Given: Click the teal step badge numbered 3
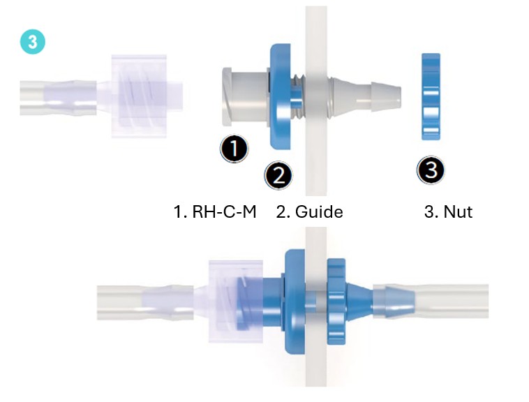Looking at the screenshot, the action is pyautogui.click(x=32, y=42).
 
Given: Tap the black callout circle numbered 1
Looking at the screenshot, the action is pyautogui.click(x=234, y=149).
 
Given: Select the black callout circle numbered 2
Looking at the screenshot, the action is pyautogui.click(x=278, y=175).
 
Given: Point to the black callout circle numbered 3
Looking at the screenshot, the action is pyautogui.click(x=431, y=170).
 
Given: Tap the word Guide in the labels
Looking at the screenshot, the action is pyautogui.click(x=319, y=211).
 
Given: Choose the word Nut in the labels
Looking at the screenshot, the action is pyautogui.click(x=458, y=211).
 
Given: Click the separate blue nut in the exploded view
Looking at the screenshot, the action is pyautogui.click(x=431, y=96).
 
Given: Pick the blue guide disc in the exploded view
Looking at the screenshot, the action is pyautogui.click(x=281, y=96).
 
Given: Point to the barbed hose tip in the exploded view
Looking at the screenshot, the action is pyautogui.click(x=387, y=96).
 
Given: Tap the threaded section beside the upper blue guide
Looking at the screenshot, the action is pyautogui.click(x=297, y=96).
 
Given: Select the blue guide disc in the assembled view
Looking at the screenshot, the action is pyautogui.click(x=295, y=301).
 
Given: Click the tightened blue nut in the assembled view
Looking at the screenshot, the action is pyautogui.click(x=336, y=301).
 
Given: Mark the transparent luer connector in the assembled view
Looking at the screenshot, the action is pyautogui.click(x=236, y=301).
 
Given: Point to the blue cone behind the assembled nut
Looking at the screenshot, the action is pyautogui.click(x=359, y=301).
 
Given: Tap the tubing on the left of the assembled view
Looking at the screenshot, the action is pyautogui.click(x=145, y=302).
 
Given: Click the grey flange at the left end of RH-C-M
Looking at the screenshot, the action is pyautogui.click(x=227, y=96).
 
